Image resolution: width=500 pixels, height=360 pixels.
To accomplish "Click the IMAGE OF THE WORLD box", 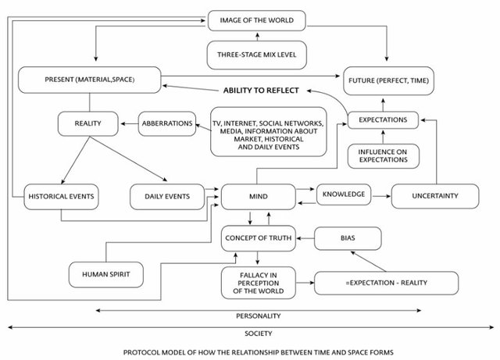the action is click(x=257, y=20).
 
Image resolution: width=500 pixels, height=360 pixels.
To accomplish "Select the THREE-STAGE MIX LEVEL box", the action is click(x=257, y=55).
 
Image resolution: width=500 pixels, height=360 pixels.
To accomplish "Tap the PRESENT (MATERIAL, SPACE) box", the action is click(x=90, y=80).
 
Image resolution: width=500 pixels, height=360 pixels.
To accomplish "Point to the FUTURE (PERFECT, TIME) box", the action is click(x=388, y=80).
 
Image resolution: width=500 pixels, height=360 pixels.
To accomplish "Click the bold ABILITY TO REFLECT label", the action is click(x=261, y=91).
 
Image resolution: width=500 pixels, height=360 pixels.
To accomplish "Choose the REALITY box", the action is click(x=87, y=123).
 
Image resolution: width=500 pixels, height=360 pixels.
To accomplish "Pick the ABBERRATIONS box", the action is click(x=167, y=123).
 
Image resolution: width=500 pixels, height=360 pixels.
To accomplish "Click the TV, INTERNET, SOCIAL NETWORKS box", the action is click(x=269, y=132).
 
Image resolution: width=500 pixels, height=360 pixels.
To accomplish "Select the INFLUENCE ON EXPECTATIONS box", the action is click(x=384, y=156).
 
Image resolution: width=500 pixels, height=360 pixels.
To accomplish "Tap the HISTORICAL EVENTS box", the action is click(x=61, y=197).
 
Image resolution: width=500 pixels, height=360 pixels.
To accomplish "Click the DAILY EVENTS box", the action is click(x=167, y=197).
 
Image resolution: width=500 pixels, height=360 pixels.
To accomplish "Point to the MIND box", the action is click(x=259, y=197).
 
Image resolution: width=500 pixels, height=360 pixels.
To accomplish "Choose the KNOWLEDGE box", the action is click(x=344, y=194).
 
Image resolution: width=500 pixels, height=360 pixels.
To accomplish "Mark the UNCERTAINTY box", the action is click(x=435, y=196).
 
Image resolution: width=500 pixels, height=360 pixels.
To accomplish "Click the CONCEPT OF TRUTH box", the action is click(x=259, y=238).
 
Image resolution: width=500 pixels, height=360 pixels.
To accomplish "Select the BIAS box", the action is click(x=348, y=238).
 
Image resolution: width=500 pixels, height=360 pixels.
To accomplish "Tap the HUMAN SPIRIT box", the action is click(x=106, y=275).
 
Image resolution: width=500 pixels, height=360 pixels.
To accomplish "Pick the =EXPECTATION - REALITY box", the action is click(x=386, y=283).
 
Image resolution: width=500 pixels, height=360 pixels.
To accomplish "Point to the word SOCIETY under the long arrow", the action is click(x=259, y=333).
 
